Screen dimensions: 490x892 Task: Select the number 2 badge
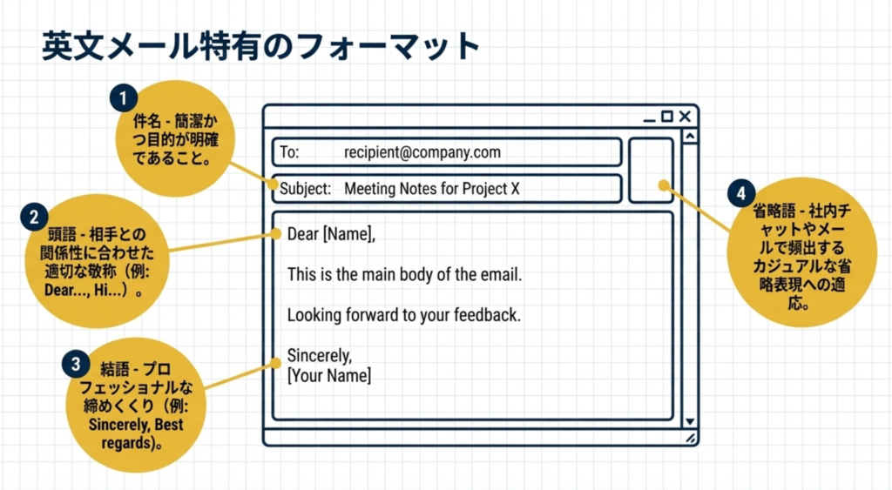pos(34,216)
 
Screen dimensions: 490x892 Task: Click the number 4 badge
pos(741,191)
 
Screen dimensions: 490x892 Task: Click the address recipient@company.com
pos(422,152)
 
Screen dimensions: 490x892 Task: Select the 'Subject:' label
pos(305,189)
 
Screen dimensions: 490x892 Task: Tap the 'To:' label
pos(289,152)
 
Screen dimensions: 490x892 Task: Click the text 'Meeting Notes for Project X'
pos(431,189)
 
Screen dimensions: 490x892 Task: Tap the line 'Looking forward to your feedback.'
pos(403,315)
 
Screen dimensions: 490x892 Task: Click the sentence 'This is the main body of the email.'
pos(404,274)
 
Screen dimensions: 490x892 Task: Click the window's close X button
pos(685,117)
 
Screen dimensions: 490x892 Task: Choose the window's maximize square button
pos(667,117)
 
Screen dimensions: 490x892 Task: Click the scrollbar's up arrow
pos(690,137)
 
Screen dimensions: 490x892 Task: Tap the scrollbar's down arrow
pos(690,421)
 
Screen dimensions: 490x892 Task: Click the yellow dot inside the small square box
pos(662,185)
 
